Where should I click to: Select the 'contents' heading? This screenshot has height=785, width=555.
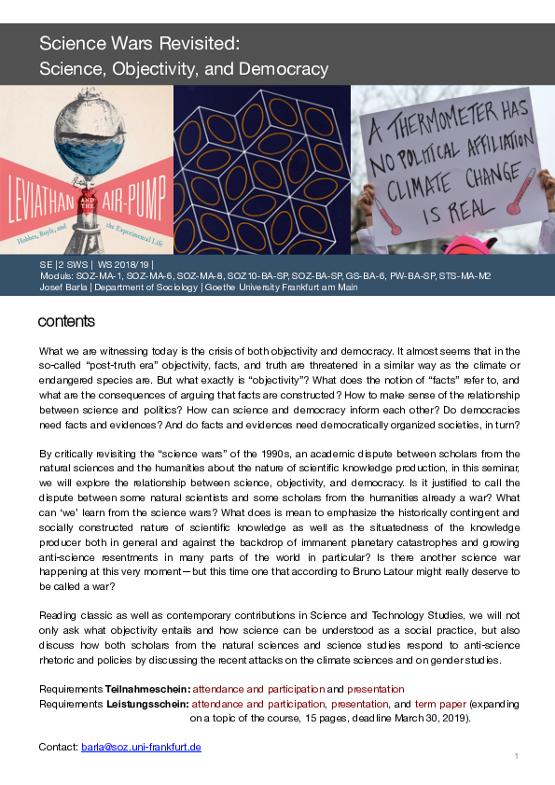point(66,322)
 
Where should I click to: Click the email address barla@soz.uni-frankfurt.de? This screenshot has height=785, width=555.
point(141,748)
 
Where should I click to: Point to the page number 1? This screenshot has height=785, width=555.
point(516,754)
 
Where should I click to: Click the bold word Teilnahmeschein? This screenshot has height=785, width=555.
point(144,689)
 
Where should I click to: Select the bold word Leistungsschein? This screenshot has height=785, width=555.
point(147,704)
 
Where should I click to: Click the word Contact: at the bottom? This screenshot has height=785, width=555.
point(58,748)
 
